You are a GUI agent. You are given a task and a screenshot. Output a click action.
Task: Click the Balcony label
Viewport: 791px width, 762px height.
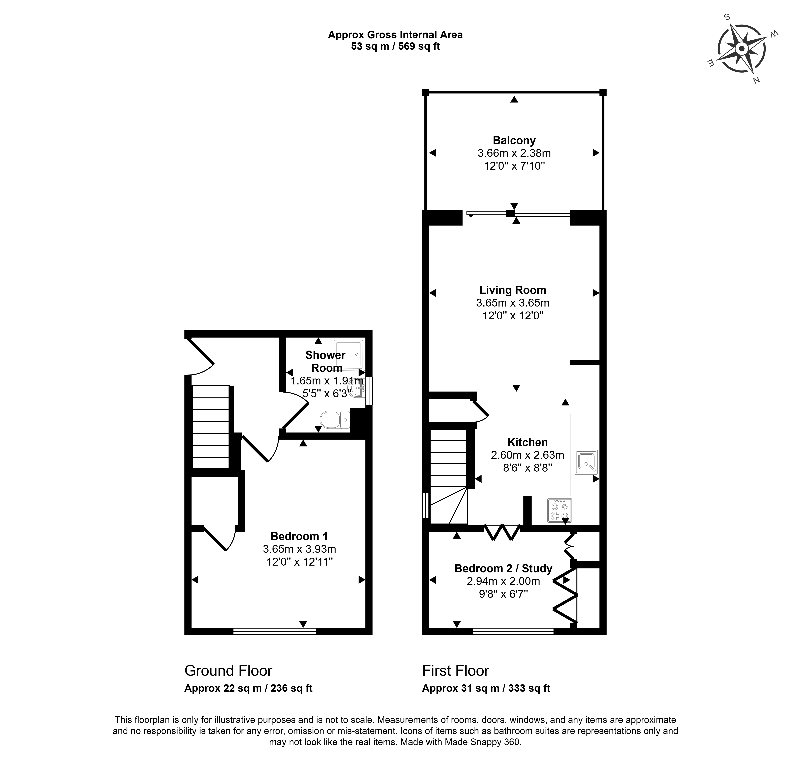514,140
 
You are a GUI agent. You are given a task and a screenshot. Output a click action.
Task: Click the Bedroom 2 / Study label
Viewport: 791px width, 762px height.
503,568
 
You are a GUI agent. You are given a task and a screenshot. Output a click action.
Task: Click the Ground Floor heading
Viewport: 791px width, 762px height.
228,670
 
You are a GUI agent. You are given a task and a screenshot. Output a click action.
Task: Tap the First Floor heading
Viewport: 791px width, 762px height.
456,670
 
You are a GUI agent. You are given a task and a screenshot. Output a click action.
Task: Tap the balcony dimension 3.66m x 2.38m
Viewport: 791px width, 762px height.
514,153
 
